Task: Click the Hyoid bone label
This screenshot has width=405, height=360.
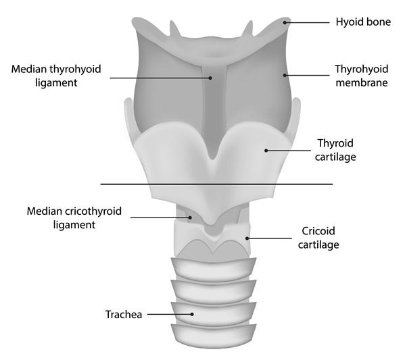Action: tap(363, 22)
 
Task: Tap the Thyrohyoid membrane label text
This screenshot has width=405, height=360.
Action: tap(362, 76)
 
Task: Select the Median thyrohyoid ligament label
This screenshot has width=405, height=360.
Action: tap(56, 76)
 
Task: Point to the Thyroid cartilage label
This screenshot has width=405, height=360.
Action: tap(335, 150)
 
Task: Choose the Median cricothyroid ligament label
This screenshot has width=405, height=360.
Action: tap(74, 218)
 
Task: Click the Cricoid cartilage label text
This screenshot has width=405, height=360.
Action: tap(318, 238)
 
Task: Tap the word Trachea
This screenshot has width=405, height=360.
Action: tap(124, 315)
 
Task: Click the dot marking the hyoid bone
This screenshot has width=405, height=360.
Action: tap(285, 23)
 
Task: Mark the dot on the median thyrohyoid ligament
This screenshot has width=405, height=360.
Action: tap(210, 78)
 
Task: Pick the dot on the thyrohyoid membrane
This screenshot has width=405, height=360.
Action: tap(285, 76)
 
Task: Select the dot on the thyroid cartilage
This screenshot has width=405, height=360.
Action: tap(266, 151)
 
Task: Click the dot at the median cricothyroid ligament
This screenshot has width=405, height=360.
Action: tap(190, 217)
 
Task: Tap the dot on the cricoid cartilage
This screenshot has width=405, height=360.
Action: tap(247, 238)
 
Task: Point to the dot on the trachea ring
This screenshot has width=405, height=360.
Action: tap(192, 314)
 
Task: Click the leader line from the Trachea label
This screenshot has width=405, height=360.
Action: tap(170, 314)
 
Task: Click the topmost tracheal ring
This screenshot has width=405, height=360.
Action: tap(214, 269)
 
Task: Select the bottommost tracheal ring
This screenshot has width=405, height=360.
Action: tap(214, 336)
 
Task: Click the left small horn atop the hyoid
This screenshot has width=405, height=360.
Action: tap(174, 29)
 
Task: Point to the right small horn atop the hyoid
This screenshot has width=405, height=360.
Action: tap(248, 28)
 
